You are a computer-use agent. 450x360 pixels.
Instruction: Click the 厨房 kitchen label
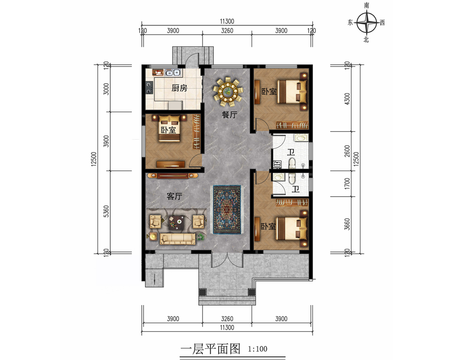[x=180, y=88]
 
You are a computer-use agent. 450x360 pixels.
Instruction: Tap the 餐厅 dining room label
[x=229, y=115]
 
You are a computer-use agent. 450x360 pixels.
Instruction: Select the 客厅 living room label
[x=175, y=196]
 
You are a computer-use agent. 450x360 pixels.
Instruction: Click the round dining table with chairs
[x=228, y=91]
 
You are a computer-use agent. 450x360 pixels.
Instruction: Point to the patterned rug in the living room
[x=227, y=210]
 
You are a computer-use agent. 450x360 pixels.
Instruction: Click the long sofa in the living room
[x=178, y=239]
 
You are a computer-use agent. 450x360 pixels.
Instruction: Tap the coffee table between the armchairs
[x=176, y=222]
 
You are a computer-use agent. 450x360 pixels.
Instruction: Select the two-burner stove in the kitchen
[x=149, y=88]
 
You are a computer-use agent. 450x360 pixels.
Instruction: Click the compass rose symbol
[x=367, y=22]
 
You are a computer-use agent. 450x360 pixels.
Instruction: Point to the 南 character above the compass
[x=366, y=5]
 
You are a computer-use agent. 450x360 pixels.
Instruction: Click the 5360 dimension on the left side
[x=106, y=211]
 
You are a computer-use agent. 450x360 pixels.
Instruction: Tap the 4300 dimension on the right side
[x=347, y=99]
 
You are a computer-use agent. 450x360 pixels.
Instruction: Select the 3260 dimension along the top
[x=227, y=31]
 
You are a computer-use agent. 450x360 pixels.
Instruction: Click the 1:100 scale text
[x=257, y=349]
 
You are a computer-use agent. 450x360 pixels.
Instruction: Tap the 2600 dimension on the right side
[x=347, y=151]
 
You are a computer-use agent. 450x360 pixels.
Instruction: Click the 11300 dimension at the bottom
[x=227, y=328]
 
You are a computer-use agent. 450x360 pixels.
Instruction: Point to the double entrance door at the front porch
[x=227, y=260]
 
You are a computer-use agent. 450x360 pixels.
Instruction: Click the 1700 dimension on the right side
[x=347, y=184]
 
